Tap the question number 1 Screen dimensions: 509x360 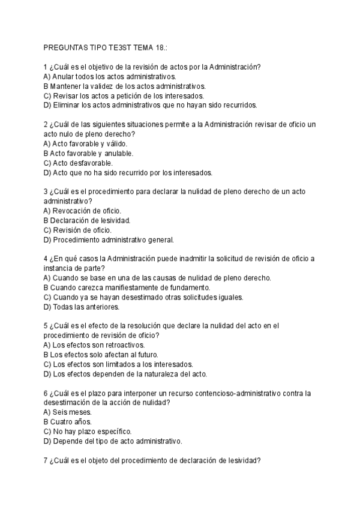coord(46,67)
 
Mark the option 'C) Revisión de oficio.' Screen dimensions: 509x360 coord(78,230)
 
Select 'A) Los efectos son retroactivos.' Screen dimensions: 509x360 coord(94,345)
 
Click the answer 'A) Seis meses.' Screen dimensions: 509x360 coord(68,412)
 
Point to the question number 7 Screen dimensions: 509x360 coord(46,460)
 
